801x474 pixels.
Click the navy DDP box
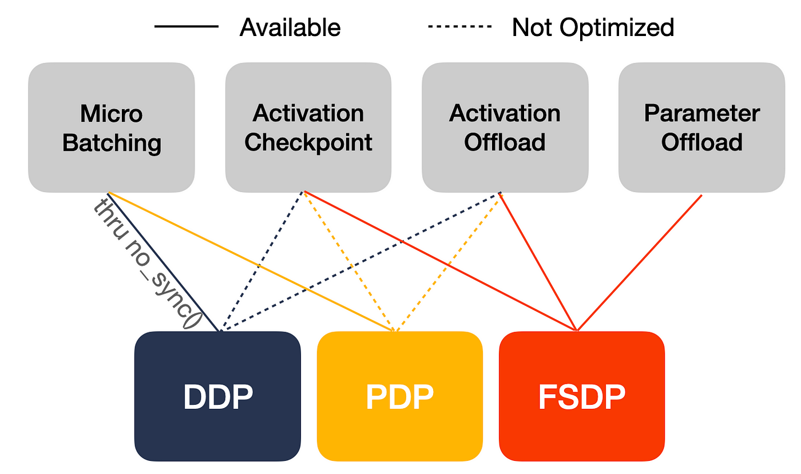click(217, 396)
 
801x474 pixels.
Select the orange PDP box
click(399, 396)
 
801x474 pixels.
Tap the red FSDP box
click(582, 396)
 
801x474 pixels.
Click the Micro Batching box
click(112, 128)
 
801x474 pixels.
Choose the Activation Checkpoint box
click(308, 128)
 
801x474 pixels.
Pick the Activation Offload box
click(505, 128)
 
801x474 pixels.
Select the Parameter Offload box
click(701, 128)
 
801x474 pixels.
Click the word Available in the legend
click(290, 27)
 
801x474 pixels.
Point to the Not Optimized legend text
click(593, 27)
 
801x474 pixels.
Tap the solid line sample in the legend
click(187, 26)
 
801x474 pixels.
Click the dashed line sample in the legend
click(459, 26)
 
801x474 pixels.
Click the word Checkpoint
click(308, 142)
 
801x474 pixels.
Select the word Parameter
click(701, 113)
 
